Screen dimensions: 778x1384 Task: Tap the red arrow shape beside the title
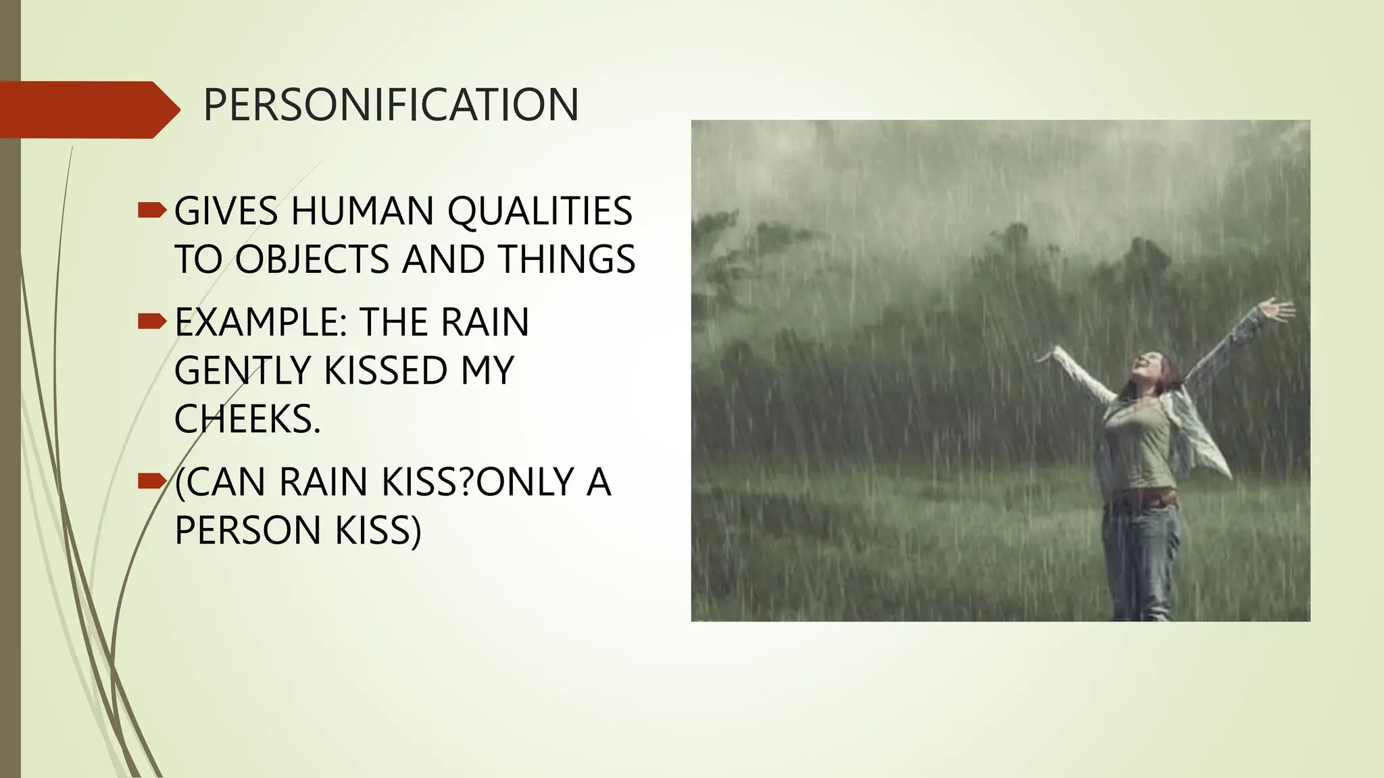88,109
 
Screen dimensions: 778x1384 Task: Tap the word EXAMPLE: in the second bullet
261,322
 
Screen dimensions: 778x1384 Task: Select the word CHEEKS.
247,419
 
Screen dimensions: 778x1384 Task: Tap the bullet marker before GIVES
151,211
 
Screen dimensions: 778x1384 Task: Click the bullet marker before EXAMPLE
151,321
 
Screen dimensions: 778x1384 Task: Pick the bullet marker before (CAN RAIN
151,481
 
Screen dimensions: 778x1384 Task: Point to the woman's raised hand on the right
1277,311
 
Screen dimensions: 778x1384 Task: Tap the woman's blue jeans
1142,561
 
